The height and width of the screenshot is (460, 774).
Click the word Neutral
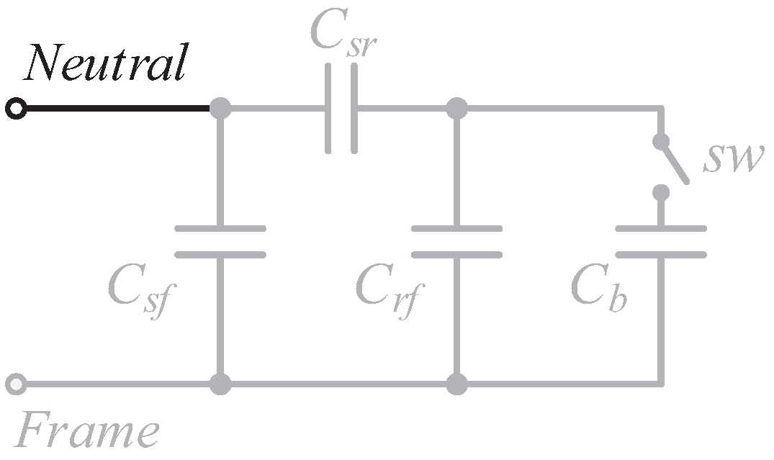pos(106,63)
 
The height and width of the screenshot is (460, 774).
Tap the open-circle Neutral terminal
pos(16,109)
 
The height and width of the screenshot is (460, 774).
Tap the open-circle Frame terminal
pos(16,384)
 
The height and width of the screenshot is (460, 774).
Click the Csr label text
pos(344,30)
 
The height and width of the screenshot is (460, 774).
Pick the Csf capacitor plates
pos(220,241)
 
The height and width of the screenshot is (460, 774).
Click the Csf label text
pos(141,289)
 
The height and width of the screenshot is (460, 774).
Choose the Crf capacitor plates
pos(456,241)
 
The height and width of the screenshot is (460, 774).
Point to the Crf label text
pos(389,289)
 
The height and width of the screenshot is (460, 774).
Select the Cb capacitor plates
pos(661,241)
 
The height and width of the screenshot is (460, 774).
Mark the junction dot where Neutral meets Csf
pos(220,109)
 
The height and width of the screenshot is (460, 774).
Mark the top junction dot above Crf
pos(456,109)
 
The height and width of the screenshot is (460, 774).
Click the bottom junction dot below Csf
pos(220,384)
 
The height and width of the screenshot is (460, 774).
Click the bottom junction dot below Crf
pos(456,384)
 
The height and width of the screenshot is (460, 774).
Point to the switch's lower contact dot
pos(661,193)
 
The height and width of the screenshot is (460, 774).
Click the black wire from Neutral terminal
pos(115,109)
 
